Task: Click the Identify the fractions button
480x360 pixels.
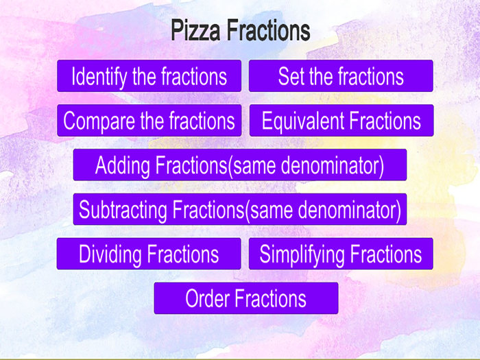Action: click(149, 76)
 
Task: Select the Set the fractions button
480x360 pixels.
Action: click(341, 76)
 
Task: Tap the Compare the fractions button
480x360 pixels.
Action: click(149, 121)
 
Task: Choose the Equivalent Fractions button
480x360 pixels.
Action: click(341, 121)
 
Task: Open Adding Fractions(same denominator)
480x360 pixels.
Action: click(239, 165)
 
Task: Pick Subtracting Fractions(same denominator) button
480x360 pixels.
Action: click(239, 209)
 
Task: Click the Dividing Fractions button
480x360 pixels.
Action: click(149, 254)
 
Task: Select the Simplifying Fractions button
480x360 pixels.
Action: click(341, 254)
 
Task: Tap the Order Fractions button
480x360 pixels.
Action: click(245, 298)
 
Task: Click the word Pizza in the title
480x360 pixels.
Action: click(196, 31)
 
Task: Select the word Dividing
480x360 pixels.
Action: click(110, 254)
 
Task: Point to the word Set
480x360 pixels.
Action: click(291, 76)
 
